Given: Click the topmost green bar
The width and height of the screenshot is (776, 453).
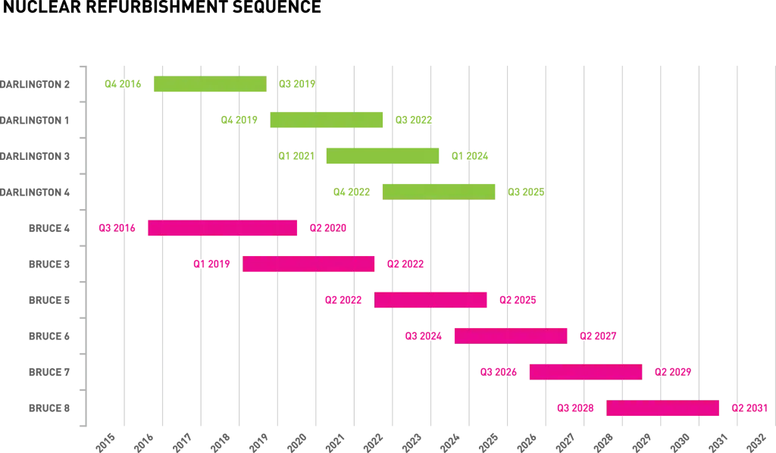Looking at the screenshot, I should click(x=209, y=84).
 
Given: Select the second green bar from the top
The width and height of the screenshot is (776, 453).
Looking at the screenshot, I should click(x=326, y=120).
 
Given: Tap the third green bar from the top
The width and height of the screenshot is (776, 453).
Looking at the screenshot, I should click(x=383, y=157).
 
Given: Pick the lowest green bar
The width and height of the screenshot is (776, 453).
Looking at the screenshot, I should click(x=440, y=191).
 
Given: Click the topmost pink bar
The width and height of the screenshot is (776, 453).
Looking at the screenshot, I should click(x=223, y=227).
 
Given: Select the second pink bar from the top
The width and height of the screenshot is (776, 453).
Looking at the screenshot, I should click(x=308, y=264).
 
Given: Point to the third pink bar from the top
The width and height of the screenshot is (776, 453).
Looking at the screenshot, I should click(x=431, y=300).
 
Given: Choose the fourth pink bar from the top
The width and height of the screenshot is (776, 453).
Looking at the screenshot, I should click(x=510, y=336).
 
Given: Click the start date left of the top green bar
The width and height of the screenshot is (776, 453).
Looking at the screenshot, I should click(x=124, y=84).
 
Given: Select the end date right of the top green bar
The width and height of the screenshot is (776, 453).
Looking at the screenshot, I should click(x=297, y=84).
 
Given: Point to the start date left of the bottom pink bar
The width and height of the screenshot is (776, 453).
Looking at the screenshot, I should click(x=574, y=408).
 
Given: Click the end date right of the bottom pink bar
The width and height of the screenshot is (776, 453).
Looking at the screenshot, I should click(x=749, y=408).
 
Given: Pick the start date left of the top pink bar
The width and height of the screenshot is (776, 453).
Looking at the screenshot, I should click(x=117, y=227).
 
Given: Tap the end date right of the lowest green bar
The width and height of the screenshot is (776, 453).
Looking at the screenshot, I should click(x=526, y=192).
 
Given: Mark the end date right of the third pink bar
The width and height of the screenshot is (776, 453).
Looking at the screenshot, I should click(x=518, y=301).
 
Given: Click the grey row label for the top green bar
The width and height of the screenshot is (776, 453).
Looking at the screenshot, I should click(x=36, y=85).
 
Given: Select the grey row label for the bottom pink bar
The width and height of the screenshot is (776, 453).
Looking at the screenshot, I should click(x=48, y=407).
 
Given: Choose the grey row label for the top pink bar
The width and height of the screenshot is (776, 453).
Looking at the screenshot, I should click(x=48, y=227).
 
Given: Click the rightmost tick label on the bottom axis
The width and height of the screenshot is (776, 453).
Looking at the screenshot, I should click(x=754, y=441).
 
